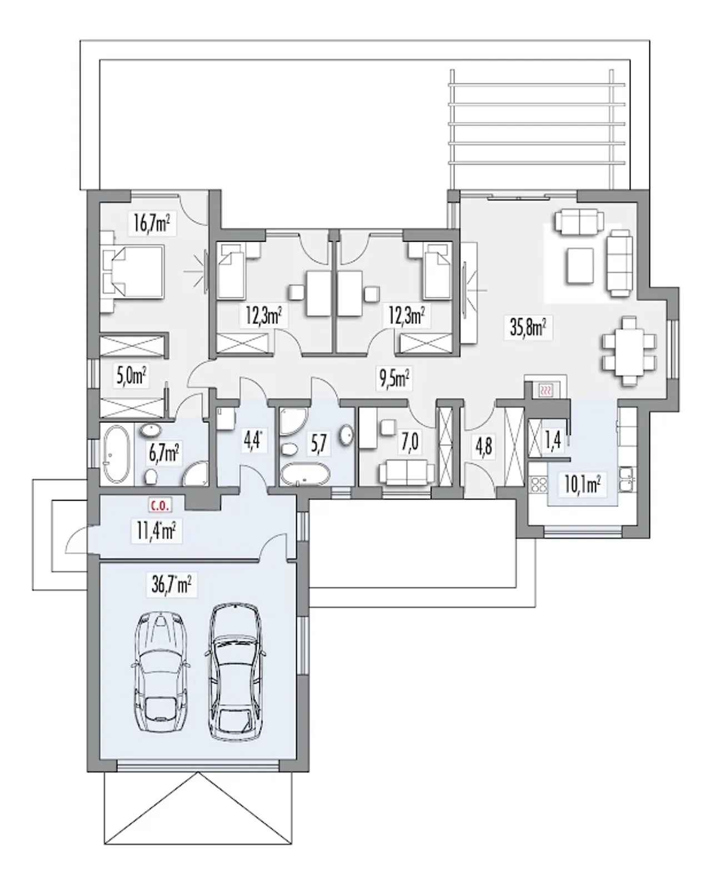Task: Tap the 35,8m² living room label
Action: point(528,328)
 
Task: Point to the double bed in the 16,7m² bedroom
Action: point(133,272)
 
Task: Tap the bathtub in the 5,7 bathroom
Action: point(305,475)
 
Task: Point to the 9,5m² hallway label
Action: point(394,379)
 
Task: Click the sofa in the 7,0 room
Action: point(406,473)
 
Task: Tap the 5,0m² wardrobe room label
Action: point(131,376)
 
